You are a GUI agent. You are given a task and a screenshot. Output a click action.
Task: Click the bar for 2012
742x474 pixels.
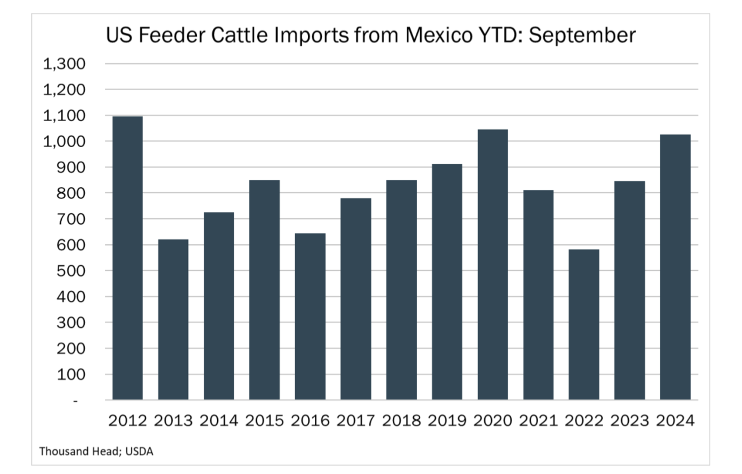pyautogui.click(x=127, y=258)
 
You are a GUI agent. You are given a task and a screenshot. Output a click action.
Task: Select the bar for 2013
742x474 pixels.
pyautogui.click(x=173, y=320)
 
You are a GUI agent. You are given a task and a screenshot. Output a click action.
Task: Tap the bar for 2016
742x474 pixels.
pyautogui.click(x=310, y=316)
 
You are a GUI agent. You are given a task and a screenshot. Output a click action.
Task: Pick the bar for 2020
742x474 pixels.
pyautogui.click(x=493, y=265)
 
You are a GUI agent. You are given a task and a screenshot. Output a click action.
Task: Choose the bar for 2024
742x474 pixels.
pyautogui.click(x=675, y=267)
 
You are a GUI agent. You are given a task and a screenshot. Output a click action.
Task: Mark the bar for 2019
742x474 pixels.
pyautogui.click(x=447, y=282)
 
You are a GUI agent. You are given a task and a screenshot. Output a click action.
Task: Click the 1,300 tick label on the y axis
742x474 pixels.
pyautogui.click(x=64, y=64)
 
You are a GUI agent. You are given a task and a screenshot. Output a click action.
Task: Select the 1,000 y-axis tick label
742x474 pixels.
pyautogui.click(x=64, y=141)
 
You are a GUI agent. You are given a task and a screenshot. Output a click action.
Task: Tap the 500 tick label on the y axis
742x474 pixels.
pyautogui.click(x=71, y=271)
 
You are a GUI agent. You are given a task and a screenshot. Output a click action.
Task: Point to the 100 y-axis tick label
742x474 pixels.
pyautogui.click(x=71, y=375)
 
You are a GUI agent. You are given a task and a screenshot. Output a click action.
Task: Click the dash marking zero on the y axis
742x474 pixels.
pyautogui.click(x=75, y=401)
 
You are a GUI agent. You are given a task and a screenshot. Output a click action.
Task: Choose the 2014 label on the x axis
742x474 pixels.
pyautogui.click(x=219, y=421)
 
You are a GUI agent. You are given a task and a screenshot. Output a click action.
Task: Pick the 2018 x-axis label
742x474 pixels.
pyautogui.click(x=401, y=421)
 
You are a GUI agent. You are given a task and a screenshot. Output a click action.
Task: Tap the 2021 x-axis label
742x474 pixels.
pyautogui.click(x=538, y=421)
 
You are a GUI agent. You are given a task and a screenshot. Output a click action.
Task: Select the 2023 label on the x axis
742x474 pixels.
pyautogui.click(x=630, y=421)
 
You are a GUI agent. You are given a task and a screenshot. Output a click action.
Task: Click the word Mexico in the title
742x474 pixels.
pyautogui.click(x=438, y=35)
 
